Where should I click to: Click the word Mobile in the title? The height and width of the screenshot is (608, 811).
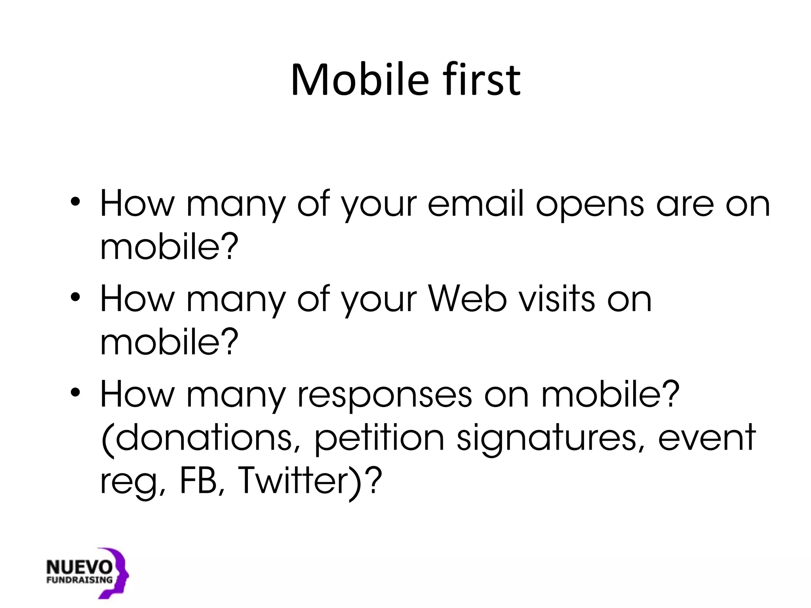tap(360, 80)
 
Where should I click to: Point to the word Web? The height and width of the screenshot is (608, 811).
tap(467, 299)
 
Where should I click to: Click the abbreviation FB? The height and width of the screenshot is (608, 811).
tap(202, 481)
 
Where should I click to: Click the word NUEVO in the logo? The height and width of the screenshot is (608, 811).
tap(79, 568)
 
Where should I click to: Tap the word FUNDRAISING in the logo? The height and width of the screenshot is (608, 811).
tap(79, 581)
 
